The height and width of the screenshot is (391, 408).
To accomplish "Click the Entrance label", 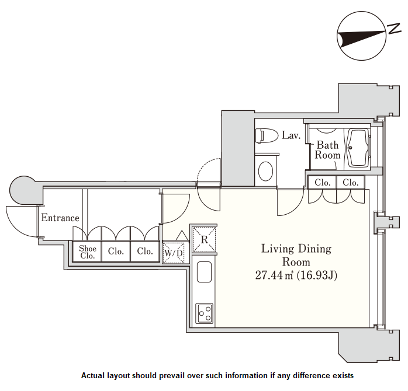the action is (x=60, y=218).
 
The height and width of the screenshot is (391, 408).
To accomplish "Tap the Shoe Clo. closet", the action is (x=88, y=252).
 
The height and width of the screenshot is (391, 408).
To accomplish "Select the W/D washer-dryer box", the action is (x=173, y=253).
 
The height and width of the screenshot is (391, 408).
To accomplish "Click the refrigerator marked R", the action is (x=204, y=239).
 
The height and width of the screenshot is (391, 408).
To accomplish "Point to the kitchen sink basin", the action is (x=204, y=272).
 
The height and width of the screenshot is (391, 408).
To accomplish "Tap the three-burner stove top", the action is (x=204, y=313).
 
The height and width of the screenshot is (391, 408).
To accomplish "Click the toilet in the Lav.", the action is (x=267, y=135).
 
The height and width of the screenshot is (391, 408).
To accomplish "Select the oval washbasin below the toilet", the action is (x=266, y=171).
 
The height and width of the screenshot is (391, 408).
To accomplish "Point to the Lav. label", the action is (x=291, y=135).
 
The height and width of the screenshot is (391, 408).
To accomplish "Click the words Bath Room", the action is (x=327, y=150).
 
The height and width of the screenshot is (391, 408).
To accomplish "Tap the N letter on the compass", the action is (x=394, y=29).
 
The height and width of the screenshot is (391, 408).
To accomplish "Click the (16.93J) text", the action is (x=317, y=275).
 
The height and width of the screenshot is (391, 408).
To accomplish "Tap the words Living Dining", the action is (x=296, y=249).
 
